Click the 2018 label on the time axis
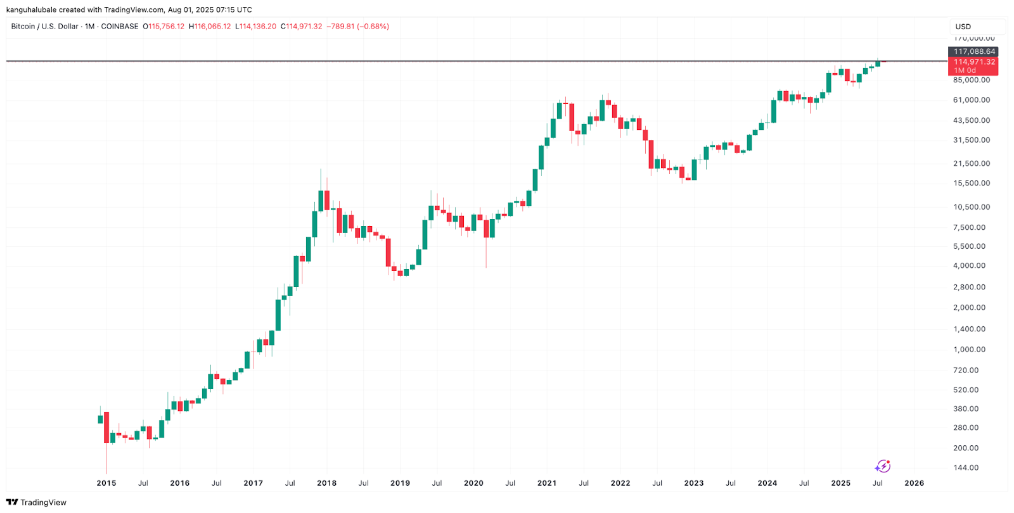point(326,483)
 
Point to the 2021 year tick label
point(547,483)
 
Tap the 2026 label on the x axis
point(914,483)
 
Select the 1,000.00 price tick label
point(970,350)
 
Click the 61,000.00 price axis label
point(972,100)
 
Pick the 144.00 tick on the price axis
point(966,468)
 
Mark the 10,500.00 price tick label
point(972,207)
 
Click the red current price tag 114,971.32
point(974,62)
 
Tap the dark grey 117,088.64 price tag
point(974,51)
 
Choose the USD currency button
point(963,27)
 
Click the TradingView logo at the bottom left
point(36,502)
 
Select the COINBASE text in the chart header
point(120,27)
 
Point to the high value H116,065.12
point(210,27)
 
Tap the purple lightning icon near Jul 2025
point(883,467)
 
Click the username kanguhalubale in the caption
point(31,9)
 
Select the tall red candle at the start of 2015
point(106,427)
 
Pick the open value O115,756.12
point(164,27)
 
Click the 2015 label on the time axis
point(106,483)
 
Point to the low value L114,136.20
point(255,27)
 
